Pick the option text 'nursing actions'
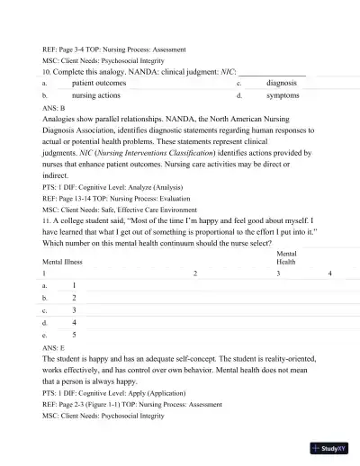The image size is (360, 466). [x=103, y=94]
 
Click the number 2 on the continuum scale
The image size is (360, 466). [x=194, y=273]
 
